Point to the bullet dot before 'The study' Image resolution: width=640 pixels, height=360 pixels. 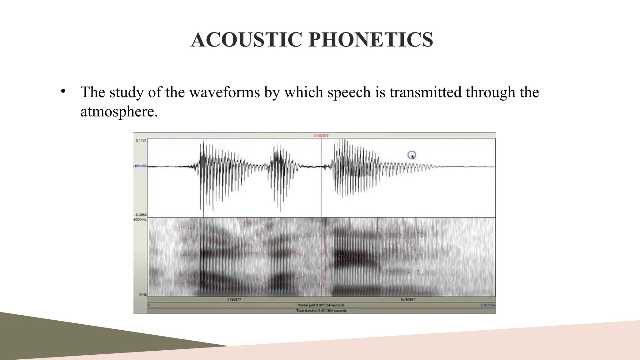click(63, 91)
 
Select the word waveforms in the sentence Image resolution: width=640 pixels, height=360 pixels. click(224, 92)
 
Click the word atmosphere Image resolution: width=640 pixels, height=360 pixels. click(119, 112)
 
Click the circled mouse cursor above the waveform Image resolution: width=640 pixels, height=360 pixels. click(412, 155)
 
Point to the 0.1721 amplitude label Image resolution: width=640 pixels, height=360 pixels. click(141, 141)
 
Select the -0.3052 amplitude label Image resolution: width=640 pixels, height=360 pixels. click(141, 215)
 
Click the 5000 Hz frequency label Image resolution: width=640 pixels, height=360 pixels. click(140, 220)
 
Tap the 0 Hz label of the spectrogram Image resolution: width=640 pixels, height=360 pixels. click(143, 294)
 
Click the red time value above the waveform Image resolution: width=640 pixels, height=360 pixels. click(321, 136)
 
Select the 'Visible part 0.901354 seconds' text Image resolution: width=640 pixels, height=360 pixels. click(321, 305)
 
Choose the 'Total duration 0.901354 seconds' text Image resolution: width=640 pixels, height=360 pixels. click(321, 311)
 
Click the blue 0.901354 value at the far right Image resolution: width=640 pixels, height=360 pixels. click(488, 305)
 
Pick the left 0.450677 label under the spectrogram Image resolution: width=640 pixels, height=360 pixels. click(234, 299)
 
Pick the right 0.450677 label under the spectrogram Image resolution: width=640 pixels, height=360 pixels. click(408, 299)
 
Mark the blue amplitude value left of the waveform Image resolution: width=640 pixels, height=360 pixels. click(140, 166)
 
